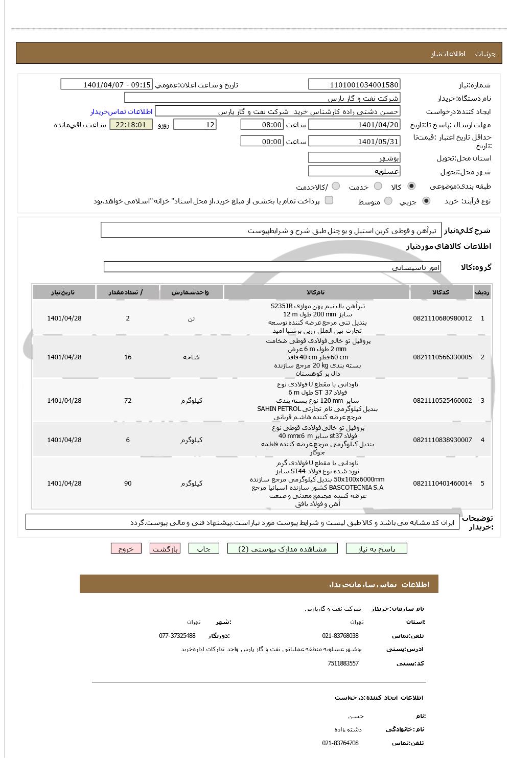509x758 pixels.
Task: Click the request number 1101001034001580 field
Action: pyautogui.click(x=354, y=85)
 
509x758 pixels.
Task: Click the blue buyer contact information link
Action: pyautogui.click(x=122, y=111)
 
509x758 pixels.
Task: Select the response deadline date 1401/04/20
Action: pyautogui.click(x=354, y=125)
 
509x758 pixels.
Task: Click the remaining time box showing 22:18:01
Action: pyautogui.click(x=131, y=125)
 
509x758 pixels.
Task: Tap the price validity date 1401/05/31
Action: pyautogui.click(x=354, y=142)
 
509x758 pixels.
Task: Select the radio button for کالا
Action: pyautogui.click(x=412, y=187)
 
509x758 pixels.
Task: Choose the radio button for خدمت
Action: pyautogui.click(x=378, y=187)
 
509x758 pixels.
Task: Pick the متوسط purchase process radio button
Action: pyautogui.click(x=388, y=201)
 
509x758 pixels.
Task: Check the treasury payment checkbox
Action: pyautogui.click(x=329, y=200)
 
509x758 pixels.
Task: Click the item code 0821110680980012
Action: pyautogui.click(x=443, y=318)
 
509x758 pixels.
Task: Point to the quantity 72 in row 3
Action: pyautogui.click(x=128, y=401)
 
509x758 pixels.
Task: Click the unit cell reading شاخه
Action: pyautogui.click(x=191, y=357)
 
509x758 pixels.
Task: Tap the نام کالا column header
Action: pyautogui.click(x=316, y=292)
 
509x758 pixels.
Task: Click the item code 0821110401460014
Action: pyautogui.click(x=443, y=484)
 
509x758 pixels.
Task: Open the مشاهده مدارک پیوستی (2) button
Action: pyautogui.click(x=283, y=549)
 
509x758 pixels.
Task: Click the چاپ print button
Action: pyautogui.click(x=204, y=549)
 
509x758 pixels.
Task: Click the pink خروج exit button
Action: pyautogui.click(x=126, y=549)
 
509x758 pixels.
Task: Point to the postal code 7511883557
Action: pyautogui.click(x=343, y=663)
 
